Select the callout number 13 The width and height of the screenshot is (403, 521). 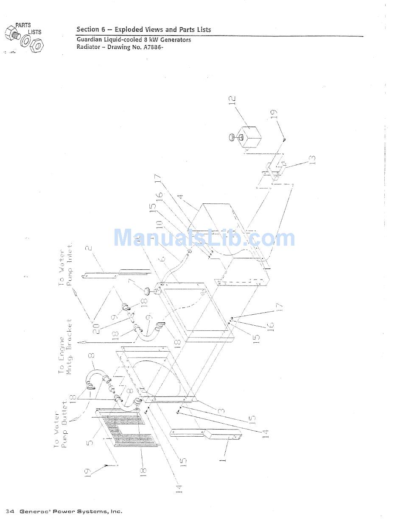coord(313,160)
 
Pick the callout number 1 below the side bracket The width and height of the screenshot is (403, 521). coord(224,457)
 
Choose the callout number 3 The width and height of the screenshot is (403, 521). coord(221,410)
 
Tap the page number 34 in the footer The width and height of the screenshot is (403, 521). coord(10,511)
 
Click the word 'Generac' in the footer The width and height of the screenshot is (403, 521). coord(35,511)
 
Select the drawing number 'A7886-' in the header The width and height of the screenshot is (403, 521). coord(151,47)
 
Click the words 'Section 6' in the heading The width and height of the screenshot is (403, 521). coord(90,30)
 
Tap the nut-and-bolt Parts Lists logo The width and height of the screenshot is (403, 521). coord(24,37)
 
